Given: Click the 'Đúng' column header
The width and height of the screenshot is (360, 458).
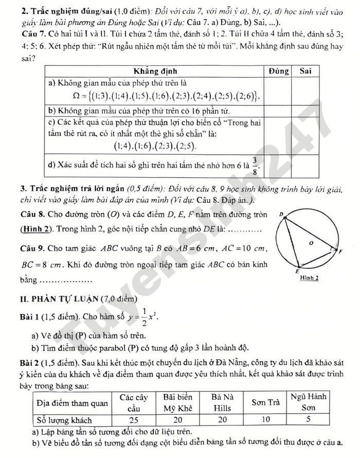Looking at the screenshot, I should tap(278, 71).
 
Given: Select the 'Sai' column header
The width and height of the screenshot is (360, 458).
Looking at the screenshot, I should tap(306, 71).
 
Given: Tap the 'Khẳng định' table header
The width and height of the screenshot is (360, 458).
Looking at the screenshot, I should tap(154, 71).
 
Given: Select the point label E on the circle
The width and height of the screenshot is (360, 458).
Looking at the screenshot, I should tap(297, 270).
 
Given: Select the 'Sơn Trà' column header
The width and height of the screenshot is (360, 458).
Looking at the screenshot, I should tap(265, 402).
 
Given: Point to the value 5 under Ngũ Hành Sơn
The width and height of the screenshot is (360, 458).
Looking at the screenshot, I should tap(308, 419).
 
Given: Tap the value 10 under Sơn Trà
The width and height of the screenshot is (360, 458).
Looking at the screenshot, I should tap(265, 419).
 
